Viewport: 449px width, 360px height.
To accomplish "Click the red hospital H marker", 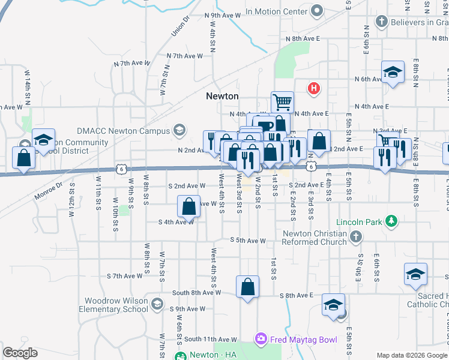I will (x=313, y=89).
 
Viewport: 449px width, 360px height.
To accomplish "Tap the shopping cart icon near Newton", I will (x=282, y=101).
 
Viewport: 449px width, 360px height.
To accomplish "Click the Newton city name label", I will (x=222, y=96).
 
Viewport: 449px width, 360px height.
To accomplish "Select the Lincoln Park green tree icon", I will (x=391, y=222).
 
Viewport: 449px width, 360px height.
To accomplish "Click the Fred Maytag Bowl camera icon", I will (x=261, y=340).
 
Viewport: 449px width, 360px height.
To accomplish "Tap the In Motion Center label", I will (x=276, y=11).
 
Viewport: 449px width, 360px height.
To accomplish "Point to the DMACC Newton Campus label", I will (x=124, y=130).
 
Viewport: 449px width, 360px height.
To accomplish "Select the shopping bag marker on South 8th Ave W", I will (x=247, y=287).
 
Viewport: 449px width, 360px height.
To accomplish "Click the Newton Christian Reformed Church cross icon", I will (x=356, y=237).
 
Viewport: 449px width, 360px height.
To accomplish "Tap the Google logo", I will (x=20, y=353).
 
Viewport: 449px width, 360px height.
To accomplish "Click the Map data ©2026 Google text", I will (x=412, y=355).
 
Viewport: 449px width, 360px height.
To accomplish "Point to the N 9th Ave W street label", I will (x=222, y=16).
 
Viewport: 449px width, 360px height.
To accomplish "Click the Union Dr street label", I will (x=180, y=26).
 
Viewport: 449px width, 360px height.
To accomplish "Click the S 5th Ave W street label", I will (x=248, y=241).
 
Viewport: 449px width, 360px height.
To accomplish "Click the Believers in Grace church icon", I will (x=381, y=22).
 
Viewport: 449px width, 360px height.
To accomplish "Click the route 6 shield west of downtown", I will (x=122, y=170).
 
